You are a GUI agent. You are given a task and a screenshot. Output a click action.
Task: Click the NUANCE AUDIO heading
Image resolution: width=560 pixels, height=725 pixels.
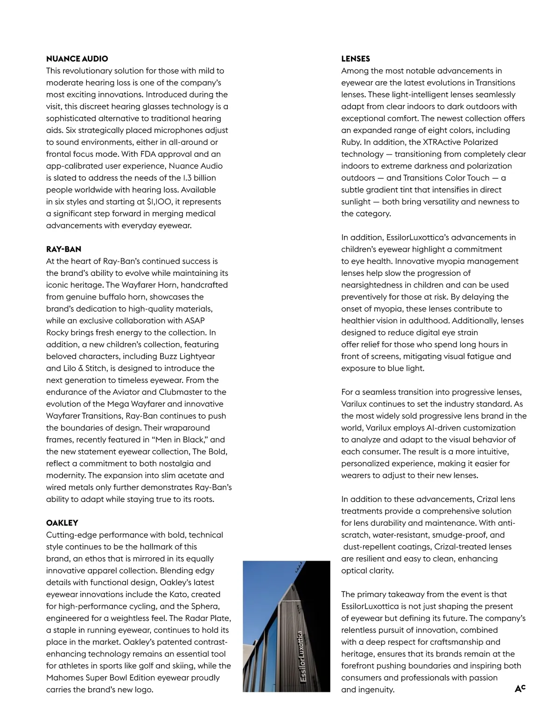[77, 59]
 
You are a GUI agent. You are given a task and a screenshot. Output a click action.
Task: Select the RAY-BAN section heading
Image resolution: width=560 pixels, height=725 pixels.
[63, 249]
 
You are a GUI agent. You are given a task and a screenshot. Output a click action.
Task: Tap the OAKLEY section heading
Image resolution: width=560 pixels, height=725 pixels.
[62, 523]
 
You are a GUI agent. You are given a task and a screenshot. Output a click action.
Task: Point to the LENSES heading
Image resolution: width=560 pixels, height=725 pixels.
[356, 59]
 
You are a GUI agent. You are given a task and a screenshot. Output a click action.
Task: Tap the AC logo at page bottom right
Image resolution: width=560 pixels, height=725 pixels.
[520, 689]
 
